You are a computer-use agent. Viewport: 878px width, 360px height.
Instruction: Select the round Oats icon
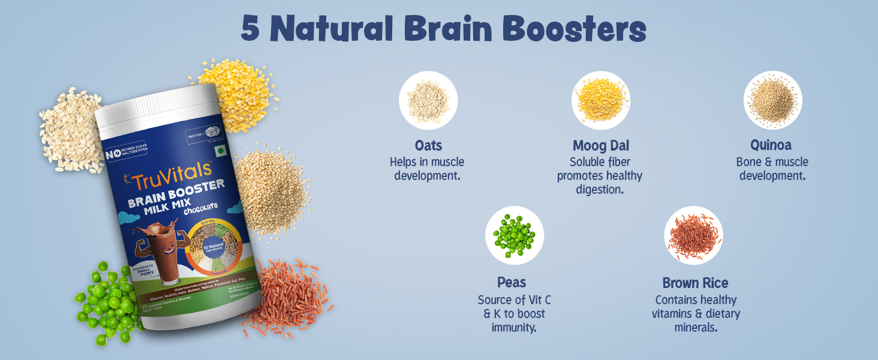tap(428, 100)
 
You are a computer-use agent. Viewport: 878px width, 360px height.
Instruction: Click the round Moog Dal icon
tap(600, 100)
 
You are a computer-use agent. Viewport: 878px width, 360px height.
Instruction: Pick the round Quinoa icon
tap(772, 100)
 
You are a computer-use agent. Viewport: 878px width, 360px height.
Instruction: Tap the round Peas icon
tap(514, 235)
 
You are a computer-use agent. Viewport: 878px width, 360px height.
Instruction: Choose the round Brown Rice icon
tap(693, 235)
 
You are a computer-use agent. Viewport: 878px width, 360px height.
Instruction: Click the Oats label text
tap(428, 145)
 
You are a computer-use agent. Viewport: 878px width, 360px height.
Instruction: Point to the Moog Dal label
tap(600, 145)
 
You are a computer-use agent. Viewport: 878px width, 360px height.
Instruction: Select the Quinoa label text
tap(771, 145)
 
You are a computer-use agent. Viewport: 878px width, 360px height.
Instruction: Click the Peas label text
tap(512, 282)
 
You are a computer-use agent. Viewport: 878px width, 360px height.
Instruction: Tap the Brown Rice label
tap(695, 283)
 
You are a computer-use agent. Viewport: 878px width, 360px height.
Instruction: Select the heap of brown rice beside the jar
tap(288, 294)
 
